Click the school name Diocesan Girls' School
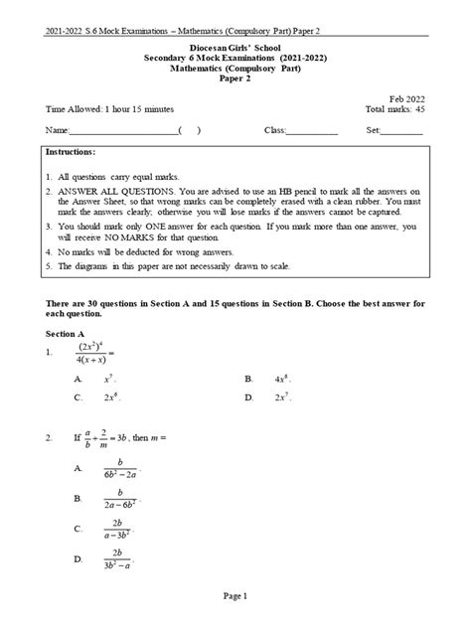235,47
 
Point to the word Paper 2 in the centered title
235,81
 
